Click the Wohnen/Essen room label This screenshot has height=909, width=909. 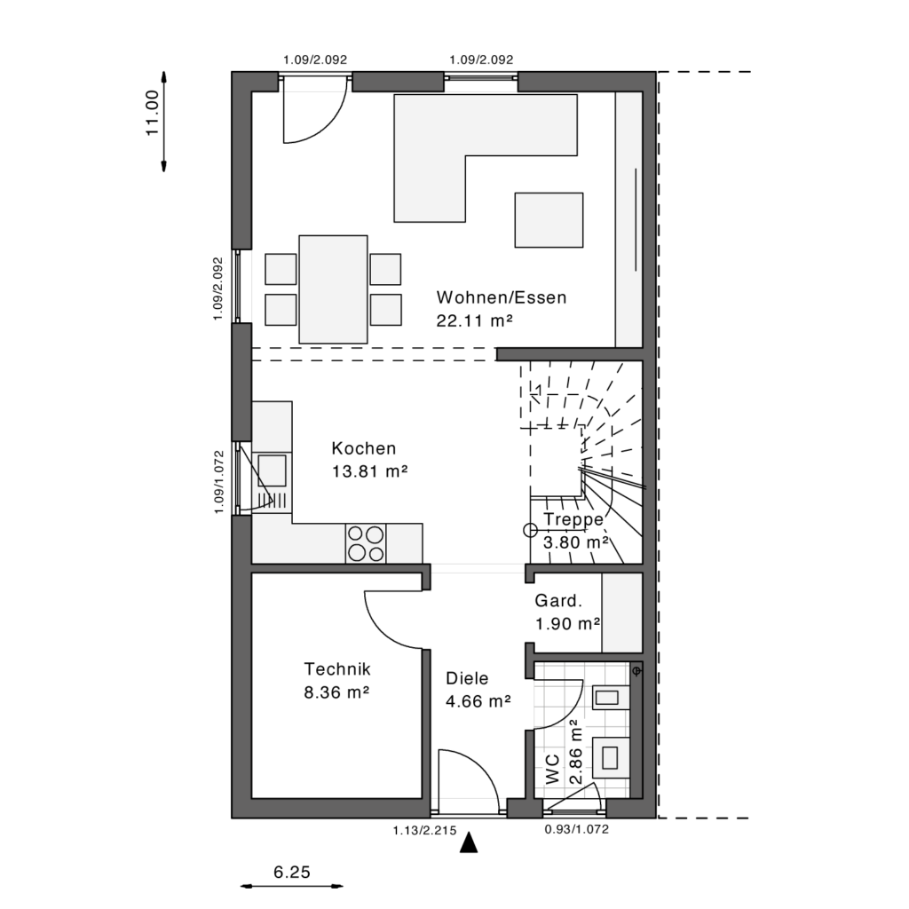502,297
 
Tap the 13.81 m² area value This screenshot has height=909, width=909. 370,471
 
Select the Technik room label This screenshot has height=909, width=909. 337,669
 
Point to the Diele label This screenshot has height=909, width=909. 467,678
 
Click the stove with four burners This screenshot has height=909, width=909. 366,544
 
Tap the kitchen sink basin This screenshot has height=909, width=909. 272,470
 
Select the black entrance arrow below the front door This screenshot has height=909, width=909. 469,843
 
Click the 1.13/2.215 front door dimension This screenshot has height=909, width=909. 425,831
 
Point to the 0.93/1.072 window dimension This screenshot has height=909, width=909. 577,830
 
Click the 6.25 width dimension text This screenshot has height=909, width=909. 292,872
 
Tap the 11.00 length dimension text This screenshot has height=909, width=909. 152,113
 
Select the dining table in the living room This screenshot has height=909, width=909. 334,289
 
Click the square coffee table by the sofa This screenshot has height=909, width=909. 549,220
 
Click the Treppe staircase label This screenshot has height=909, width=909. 573,519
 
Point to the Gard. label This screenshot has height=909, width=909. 558,601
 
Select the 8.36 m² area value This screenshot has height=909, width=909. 337,692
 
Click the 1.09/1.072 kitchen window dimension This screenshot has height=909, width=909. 218,482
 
